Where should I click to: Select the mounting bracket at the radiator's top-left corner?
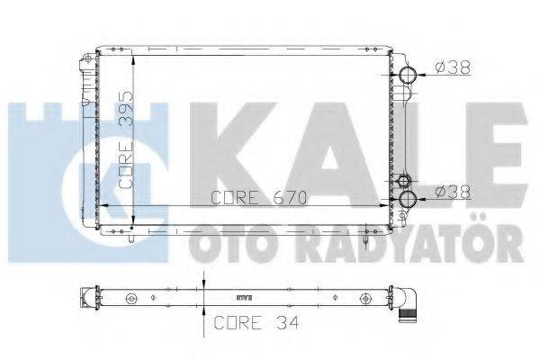click(87, 63)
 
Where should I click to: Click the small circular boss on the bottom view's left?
click(131, 297)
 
